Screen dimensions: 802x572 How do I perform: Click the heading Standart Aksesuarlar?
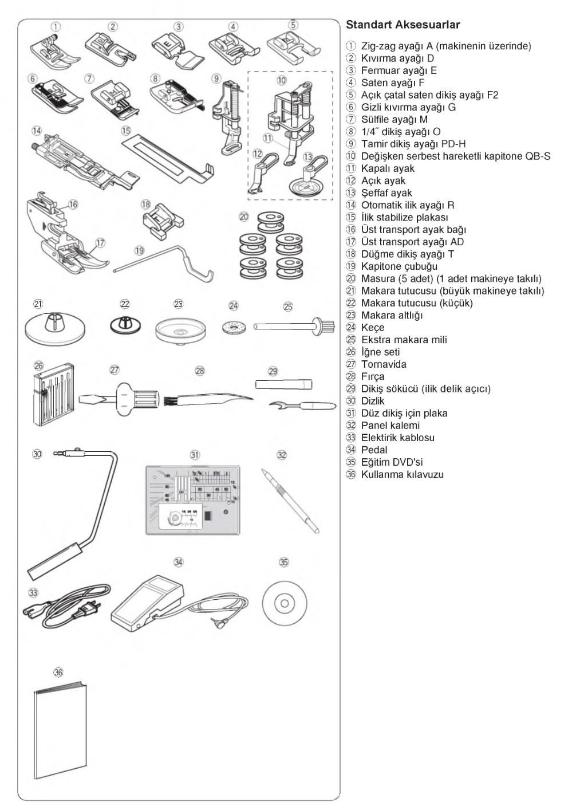[403, 25]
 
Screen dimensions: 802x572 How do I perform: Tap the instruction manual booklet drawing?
[61, 730]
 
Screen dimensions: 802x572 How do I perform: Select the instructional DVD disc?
[285, 603]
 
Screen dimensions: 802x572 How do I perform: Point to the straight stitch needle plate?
[193, 500]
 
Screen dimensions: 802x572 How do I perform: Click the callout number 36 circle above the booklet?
[58, 673]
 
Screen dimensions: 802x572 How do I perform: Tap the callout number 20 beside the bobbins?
[244, 217]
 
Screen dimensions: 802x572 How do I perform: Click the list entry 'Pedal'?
[374, 450]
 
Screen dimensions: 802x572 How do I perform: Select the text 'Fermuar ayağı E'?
[399, 70]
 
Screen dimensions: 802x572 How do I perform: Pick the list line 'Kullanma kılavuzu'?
[402, 474]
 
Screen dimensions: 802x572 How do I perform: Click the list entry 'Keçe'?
[372, 328]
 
